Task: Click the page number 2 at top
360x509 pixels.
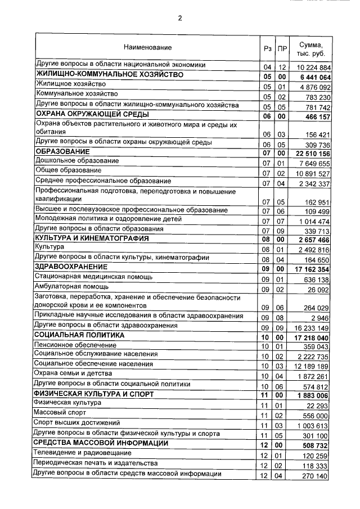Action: pyautogui.click(x=180, y=17)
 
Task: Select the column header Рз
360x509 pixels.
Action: pyautogui.click(x=267, y=49)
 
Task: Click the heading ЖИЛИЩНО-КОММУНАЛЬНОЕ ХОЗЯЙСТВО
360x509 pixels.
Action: pyautogui.click(x=110, y=75)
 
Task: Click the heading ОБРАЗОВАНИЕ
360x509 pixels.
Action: pyautogui.click(x=62, y=152)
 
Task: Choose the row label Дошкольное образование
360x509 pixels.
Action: pyautogui.click(x=77, y=161)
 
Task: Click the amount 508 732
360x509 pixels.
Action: pyautogui.click(x=314, y=444)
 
